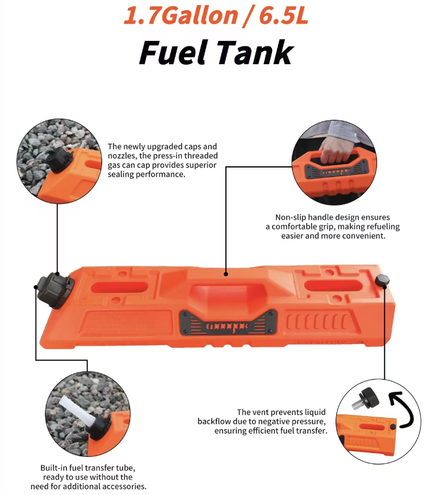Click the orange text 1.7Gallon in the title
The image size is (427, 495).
181,16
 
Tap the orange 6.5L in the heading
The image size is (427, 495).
283,16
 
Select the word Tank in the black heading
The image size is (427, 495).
255,52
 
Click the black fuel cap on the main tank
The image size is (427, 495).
55,291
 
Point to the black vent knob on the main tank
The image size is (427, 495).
382,280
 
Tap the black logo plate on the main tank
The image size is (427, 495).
228,322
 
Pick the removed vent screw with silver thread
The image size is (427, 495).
366,400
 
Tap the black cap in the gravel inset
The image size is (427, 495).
60,159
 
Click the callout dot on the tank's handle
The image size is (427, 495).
226,274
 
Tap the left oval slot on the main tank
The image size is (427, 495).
119,287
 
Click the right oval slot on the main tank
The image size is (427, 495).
333,286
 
